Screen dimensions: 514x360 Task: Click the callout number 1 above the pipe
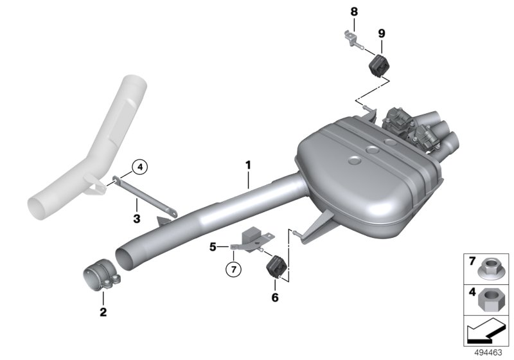click(248, 165)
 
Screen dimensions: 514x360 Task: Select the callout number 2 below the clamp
click(103, 312)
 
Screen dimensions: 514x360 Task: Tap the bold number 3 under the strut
click(137, 219)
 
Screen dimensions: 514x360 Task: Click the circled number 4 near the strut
click(140, 167)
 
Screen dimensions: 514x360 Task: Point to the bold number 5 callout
click(213, 247)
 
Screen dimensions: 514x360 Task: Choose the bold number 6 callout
click(275, 298)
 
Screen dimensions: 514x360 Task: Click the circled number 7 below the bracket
click(233, 269)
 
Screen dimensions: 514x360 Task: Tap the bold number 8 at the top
click(354, 12)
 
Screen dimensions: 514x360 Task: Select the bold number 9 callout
click(382, 33)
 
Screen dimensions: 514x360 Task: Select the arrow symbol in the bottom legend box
click(485, 330)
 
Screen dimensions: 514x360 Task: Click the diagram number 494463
click(488, 353)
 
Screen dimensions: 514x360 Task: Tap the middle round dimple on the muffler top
click(372, 150)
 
